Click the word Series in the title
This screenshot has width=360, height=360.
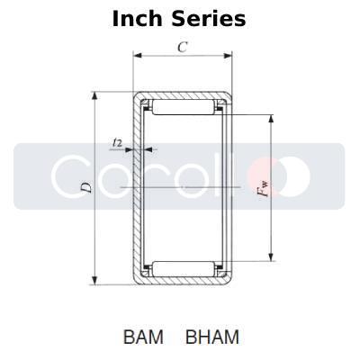pyautogui.click(x=210, y=18)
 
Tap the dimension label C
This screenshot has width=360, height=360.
pyautogui.click(x=182, y=48)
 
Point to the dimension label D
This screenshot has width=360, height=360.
pyautogui.click(x=85, y=187)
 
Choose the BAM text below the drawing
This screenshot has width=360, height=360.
pyautogui.click(x=144, y=337)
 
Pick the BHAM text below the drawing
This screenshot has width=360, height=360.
pyautogui.click(x=212, y=337)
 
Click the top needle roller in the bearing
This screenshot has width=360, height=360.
pyautogui.click(x=184, y=109)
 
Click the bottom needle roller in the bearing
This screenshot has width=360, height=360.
pyautogui.click(x=184, y=266)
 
